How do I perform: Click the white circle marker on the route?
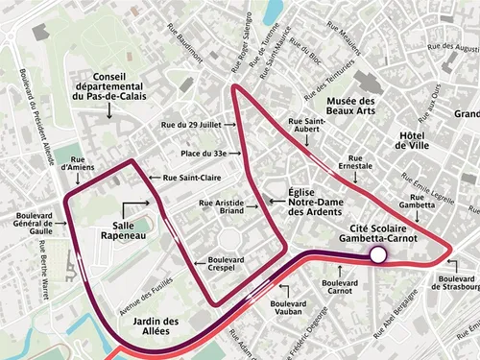coord(378,254)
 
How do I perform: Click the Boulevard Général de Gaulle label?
coord(28,223)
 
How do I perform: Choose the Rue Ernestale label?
coord(356,163)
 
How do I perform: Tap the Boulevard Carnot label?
coord(340,288)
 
